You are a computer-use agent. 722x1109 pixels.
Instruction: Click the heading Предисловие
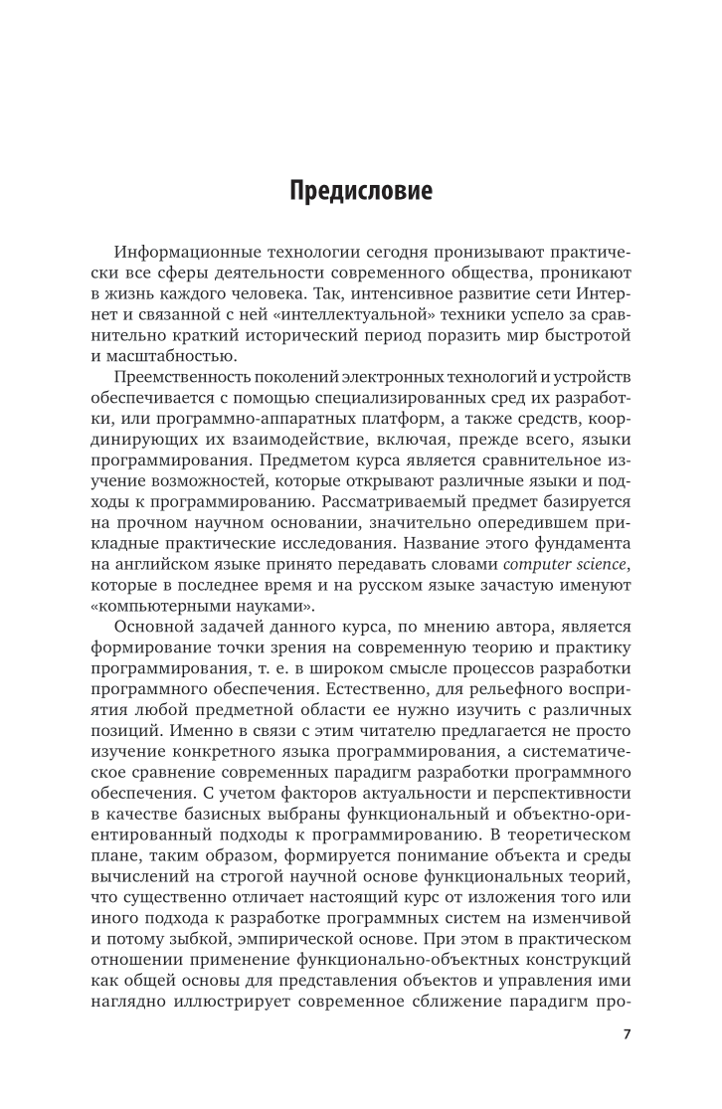(x=361, y=191)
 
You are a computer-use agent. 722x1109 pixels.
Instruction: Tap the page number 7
(x=626, y=1033)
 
